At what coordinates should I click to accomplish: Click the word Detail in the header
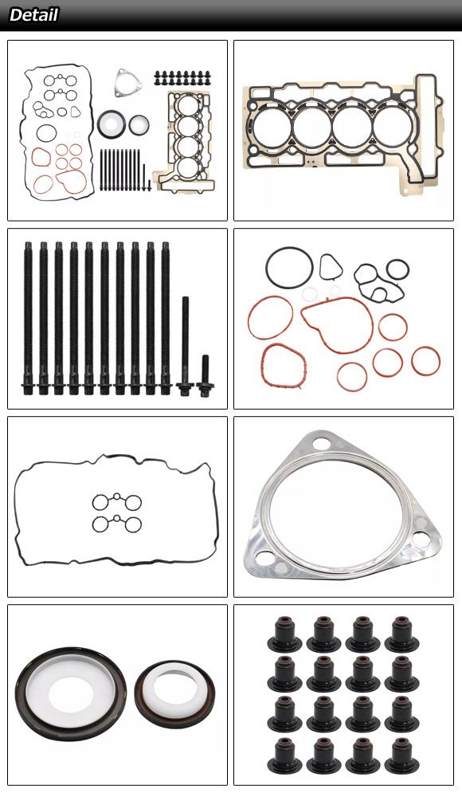33,14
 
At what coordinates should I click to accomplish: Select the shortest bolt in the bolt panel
205,376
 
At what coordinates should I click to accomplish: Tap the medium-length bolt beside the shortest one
185,346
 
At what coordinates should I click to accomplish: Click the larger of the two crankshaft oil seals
71,694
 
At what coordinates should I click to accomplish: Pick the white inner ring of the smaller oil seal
175,689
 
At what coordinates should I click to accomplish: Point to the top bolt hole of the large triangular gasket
323,443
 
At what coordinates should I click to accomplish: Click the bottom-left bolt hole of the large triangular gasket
264,558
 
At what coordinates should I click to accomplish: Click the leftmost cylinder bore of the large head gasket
272,127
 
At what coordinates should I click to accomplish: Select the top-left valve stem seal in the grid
284,634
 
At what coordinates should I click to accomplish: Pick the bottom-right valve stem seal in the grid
401,756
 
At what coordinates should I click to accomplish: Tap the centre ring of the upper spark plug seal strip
117,496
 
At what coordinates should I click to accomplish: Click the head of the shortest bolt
205,391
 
